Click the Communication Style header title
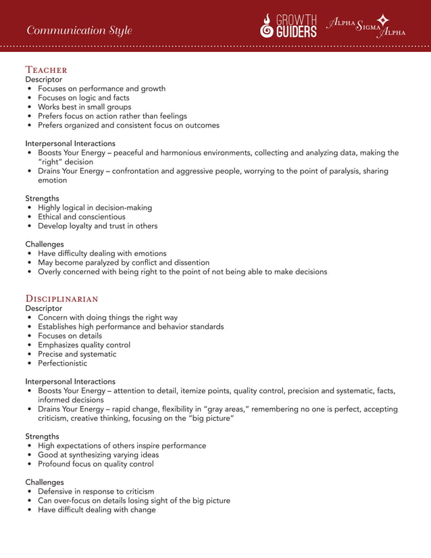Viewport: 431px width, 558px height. (79, 30)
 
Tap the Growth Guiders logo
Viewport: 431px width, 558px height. (289, 26)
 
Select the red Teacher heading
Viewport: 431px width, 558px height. (46, 70)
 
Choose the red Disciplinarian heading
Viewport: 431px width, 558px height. (61, 299)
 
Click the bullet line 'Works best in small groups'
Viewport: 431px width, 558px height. (84, 107)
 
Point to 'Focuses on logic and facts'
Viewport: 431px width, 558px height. (84, 98)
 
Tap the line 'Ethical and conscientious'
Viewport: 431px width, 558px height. (82, 217)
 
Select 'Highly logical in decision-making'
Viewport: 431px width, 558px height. (95, 207)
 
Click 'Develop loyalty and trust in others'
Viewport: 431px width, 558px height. (97, 226)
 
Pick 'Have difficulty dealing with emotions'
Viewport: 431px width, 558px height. (102, 253)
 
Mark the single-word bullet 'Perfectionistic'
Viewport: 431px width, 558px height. (62, 363)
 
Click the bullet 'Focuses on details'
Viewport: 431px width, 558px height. (70, 336)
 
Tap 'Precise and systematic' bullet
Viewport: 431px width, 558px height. (77, 354)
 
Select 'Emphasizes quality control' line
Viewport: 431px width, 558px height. (84, 345)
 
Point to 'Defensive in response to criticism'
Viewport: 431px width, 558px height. (96, 491)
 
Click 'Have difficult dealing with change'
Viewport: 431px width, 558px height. (97, 510)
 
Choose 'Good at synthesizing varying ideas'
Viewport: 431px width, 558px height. (98, 455)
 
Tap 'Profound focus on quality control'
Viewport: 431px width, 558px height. (95, 464)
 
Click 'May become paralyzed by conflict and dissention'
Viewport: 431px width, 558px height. (124, 262)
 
